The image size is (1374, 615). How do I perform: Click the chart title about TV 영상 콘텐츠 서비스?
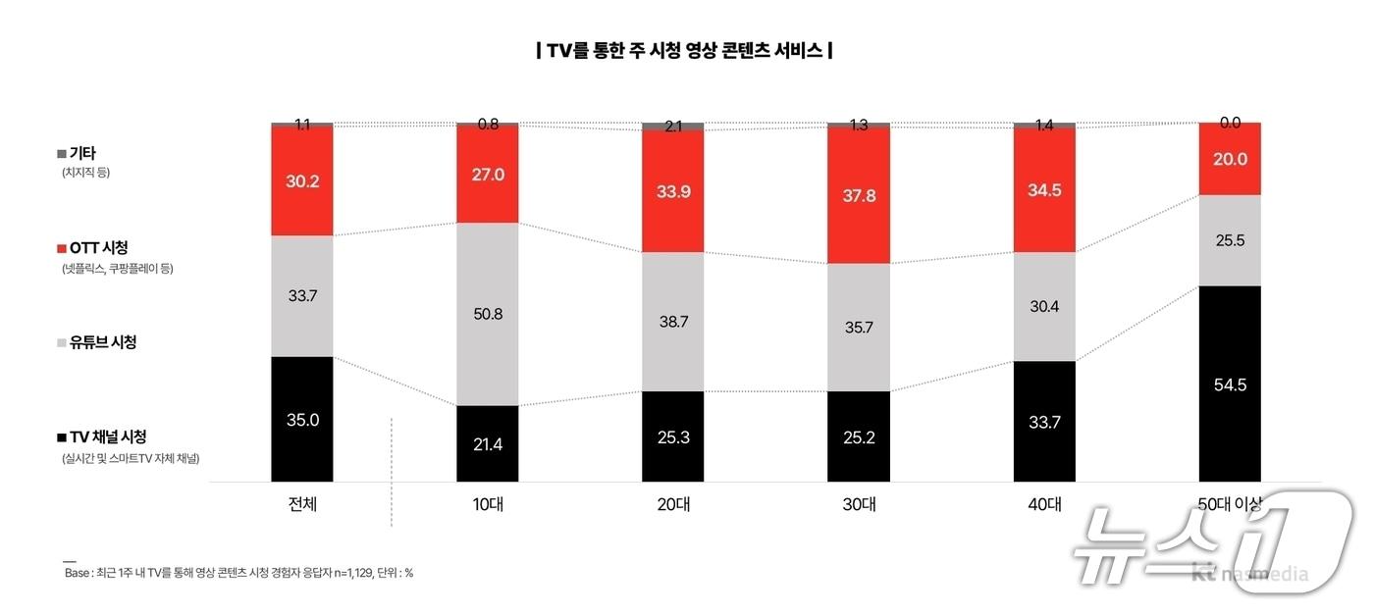(x=684, y=50)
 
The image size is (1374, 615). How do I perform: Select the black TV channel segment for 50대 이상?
(x=1230, y=384)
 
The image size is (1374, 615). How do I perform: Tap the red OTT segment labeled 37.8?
(x=859, y=196)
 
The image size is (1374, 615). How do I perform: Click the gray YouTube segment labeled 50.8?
(x=487, y=315)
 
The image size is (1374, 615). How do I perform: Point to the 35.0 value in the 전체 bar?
(x=302, y=419)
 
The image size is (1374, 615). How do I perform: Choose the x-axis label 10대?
(x=487, y=505)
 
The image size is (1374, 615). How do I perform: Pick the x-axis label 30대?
(x=859, y=505)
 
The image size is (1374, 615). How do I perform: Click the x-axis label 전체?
(x=302, y=505)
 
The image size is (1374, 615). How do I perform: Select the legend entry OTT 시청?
(x=98, y=248)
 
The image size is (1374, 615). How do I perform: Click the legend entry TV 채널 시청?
(x=107, y=436)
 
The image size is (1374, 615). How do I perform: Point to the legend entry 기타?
(x=81, y=153)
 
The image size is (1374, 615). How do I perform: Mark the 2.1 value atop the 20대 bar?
(x=673, y=127)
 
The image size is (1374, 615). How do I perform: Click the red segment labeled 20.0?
(x=1230, y=160)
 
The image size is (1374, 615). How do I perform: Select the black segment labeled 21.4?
(x=487, y=444)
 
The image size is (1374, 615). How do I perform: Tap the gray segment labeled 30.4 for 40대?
(x=1044, y=307)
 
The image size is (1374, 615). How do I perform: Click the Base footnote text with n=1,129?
(x=238, y=573)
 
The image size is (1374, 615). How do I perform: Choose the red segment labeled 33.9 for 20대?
(x=673, y=191)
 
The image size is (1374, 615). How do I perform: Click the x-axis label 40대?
(x=1044, y=505)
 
